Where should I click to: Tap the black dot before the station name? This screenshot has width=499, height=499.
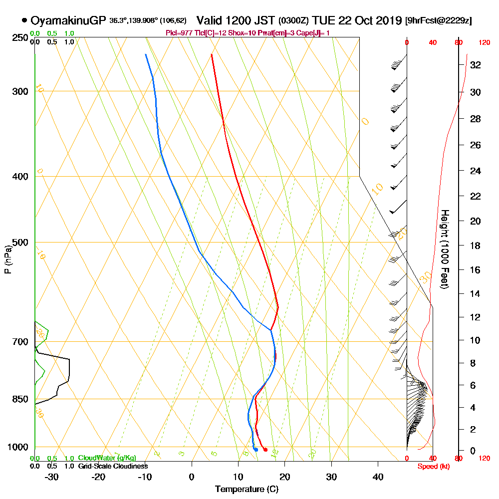[24, 20]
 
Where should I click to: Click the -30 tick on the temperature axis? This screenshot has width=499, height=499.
[52, 477]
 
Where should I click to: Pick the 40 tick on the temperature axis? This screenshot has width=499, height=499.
[378, 477]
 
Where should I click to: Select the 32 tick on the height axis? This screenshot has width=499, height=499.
[475, 65]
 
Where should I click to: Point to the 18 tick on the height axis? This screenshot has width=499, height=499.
[475, 246]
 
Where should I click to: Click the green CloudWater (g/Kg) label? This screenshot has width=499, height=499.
[107, 458]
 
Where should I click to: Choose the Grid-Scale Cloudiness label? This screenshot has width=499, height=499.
[113, 466]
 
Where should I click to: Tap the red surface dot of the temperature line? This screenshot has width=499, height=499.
[265, 450]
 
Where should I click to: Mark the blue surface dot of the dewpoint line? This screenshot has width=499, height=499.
[255, 450]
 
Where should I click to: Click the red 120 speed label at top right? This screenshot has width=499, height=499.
[484, 43]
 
